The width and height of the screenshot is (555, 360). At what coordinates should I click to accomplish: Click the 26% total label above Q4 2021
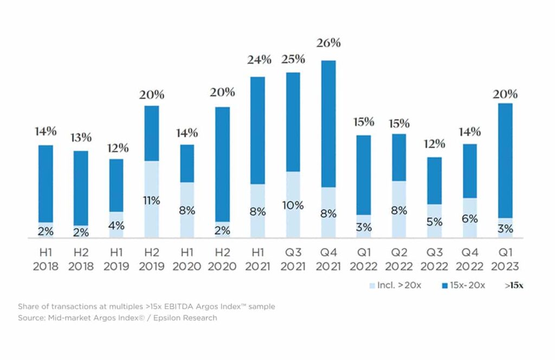pyautogui.click(x=329, y=43)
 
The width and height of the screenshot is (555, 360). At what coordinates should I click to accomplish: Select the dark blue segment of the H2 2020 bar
pyautogui.click(x=222, y=163)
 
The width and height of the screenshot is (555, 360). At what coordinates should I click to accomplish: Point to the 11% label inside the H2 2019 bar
pyautogui.click(x=152, y=201)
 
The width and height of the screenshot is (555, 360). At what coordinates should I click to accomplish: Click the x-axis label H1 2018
pyautogui.click(x=46, y=260)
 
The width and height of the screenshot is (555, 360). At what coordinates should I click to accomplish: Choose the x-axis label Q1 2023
pyautogui.click(x=505, y=260)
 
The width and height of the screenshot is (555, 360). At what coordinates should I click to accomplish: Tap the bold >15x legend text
pyautogui.click(x=514, y=286)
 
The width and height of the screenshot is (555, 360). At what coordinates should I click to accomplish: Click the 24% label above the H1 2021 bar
pyautogui.click(x=258, y=60)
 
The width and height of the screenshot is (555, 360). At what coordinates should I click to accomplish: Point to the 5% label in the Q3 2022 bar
pyautogui.click(x=434, y=221)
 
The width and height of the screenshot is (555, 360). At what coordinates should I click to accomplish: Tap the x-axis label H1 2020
pyautogui.click(x=187, y=260)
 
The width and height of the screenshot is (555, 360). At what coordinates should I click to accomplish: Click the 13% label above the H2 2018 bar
pyautogui.click(x=81, y=138)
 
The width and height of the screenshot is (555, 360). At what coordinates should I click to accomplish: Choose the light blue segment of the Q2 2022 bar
pyautogui.click(x=399, y=217)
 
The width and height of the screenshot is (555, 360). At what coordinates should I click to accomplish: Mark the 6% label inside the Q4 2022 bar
pyautogui.click(x=470, y=218)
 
